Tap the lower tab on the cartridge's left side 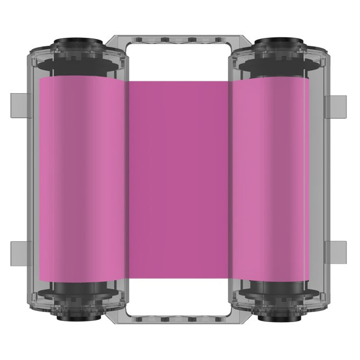[x=18, y=252]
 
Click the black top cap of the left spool [x=77, y=44]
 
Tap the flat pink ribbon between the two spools [x=178, y=178]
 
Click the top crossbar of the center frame [x=178, y=40]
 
